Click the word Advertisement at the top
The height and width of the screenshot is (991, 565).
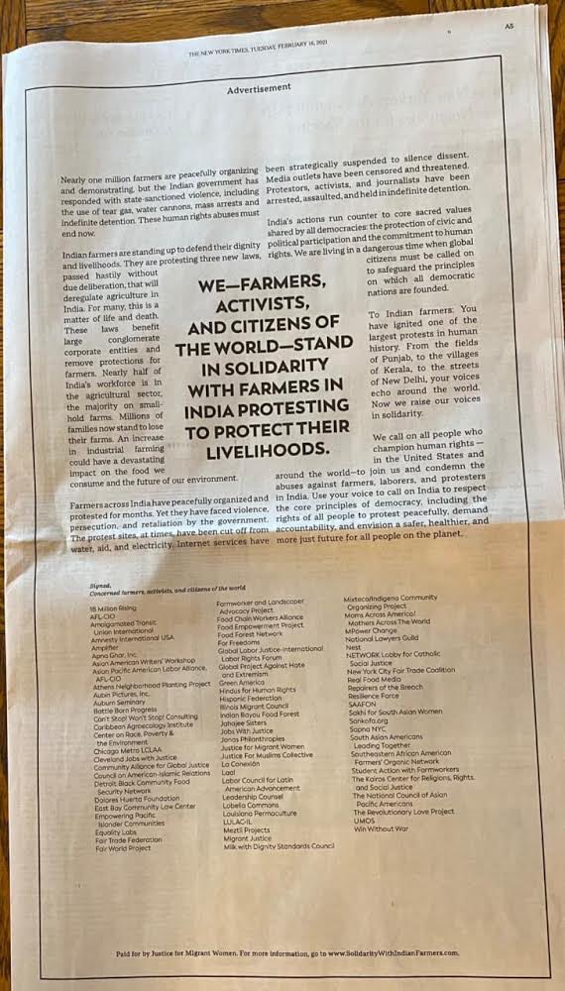(259, 88)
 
